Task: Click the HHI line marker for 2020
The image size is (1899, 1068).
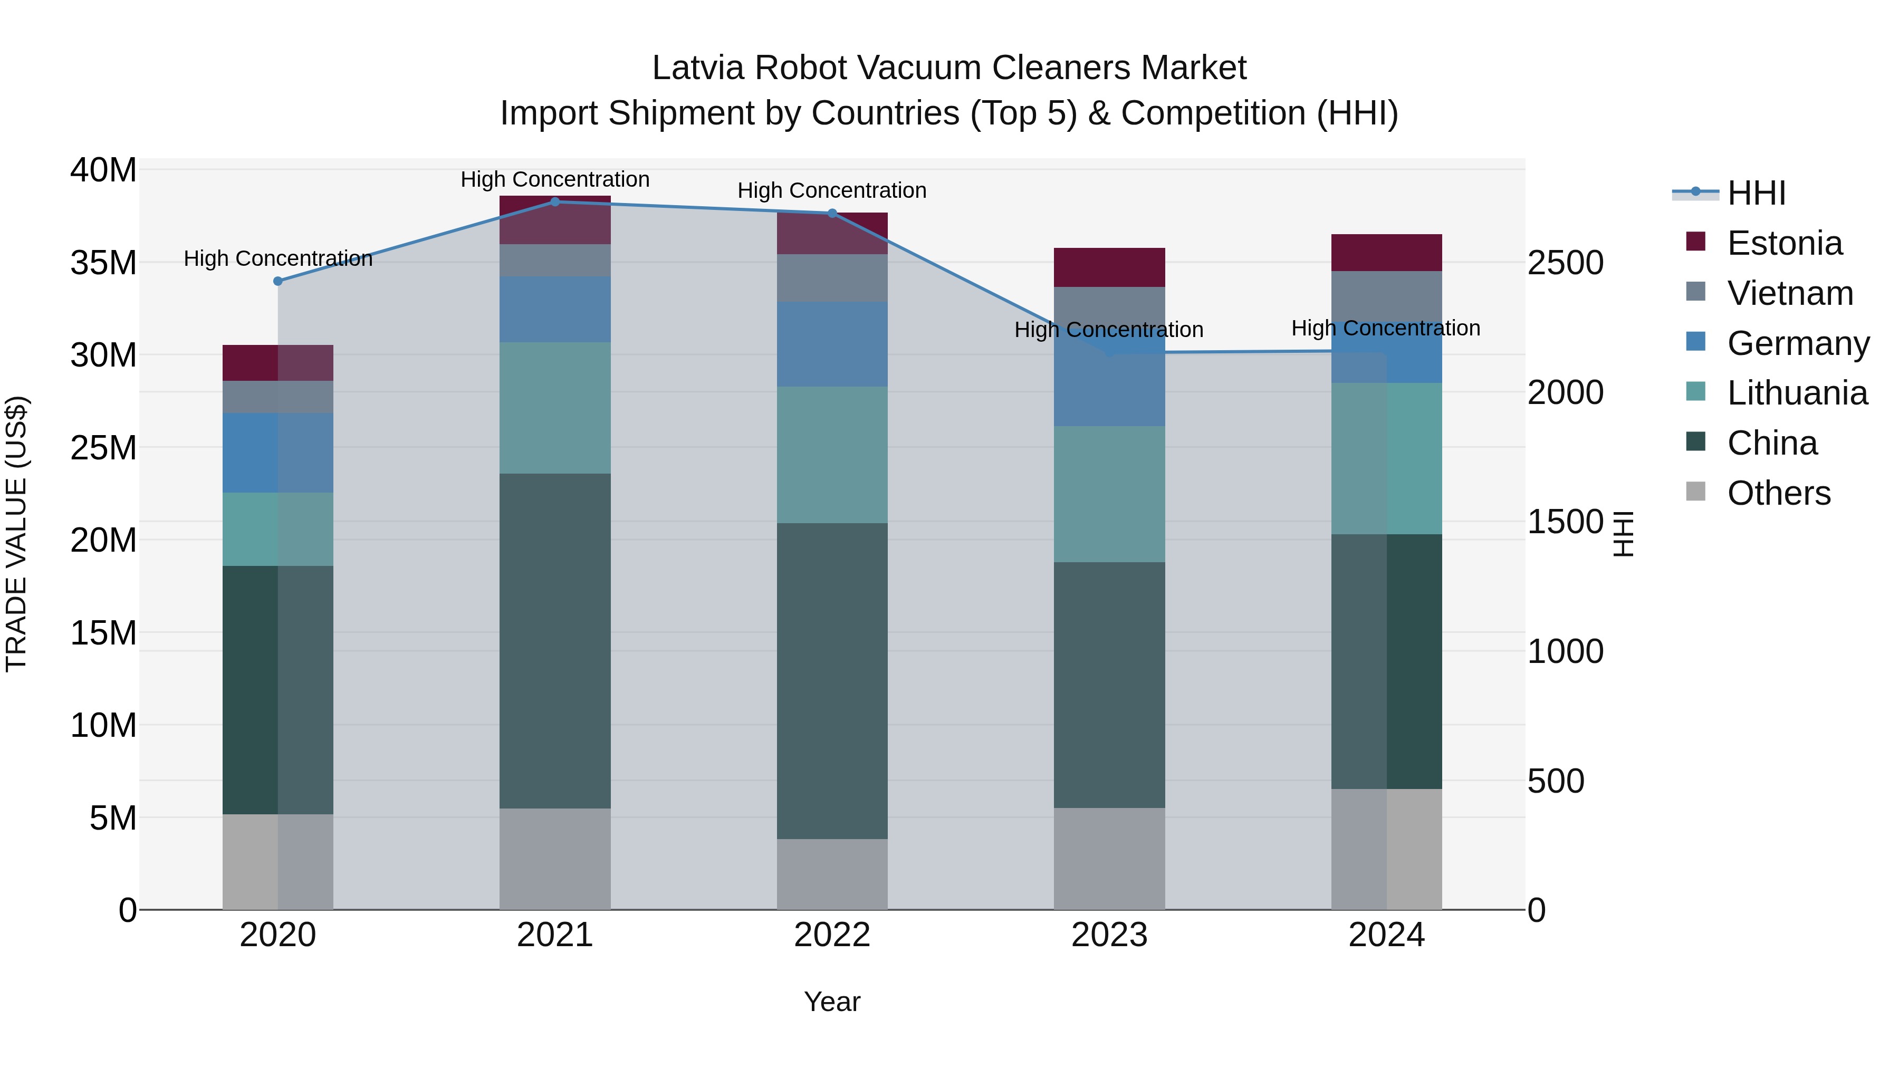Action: [278, 281]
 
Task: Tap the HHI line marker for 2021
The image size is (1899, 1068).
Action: [555, 202]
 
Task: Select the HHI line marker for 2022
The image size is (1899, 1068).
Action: [832, 213]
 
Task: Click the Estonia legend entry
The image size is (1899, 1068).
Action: [1784, 243]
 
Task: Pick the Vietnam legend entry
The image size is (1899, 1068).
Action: [1789, 293]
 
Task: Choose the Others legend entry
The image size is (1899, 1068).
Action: [1778, 493]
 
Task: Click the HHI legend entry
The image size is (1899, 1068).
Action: [1756, 193]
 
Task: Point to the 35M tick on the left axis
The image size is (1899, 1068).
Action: [103, 263]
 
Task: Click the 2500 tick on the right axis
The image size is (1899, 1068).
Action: [1565, 263]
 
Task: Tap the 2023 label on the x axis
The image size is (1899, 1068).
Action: [1109, 935]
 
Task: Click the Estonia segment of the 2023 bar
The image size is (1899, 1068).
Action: [1109, 267]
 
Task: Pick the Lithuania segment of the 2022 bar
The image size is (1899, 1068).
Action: [832, 455]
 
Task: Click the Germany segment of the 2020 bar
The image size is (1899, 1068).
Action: [278, 453]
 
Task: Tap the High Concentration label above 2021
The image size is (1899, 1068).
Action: [555, 179]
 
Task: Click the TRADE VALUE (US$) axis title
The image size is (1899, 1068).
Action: [17, 534]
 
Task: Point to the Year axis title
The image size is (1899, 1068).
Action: [832, 1002]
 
